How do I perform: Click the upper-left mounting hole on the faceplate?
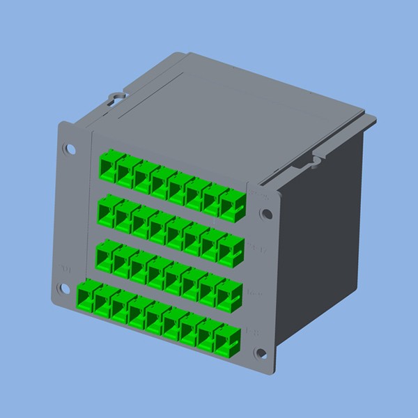click(70, 148)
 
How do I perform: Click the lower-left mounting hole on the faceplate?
click(65, 289)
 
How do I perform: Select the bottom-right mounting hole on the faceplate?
click(261, 354)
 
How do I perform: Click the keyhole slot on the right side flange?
click(315, 162)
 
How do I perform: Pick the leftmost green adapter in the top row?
click(108, 167)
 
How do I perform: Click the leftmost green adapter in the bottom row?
click(86, 297)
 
